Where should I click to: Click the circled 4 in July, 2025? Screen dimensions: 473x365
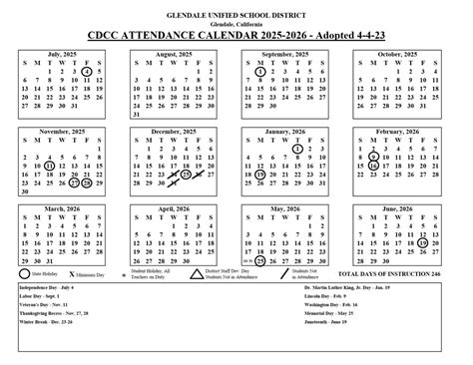pyautogui.click(x=88, y=72)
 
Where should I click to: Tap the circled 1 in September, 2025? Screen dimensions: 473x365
pyautogui.click(x=259, y=72)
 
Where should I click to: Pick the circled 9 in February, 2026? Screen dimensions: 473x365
pyautogui.click(x=373, y=157)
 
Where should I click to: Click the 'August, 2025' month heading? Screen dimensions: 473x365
pyautogui.click(x=166, y=53)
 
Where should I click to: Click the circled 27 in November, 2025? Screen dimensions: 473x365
pyautogui.click(x=74, y=183)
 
